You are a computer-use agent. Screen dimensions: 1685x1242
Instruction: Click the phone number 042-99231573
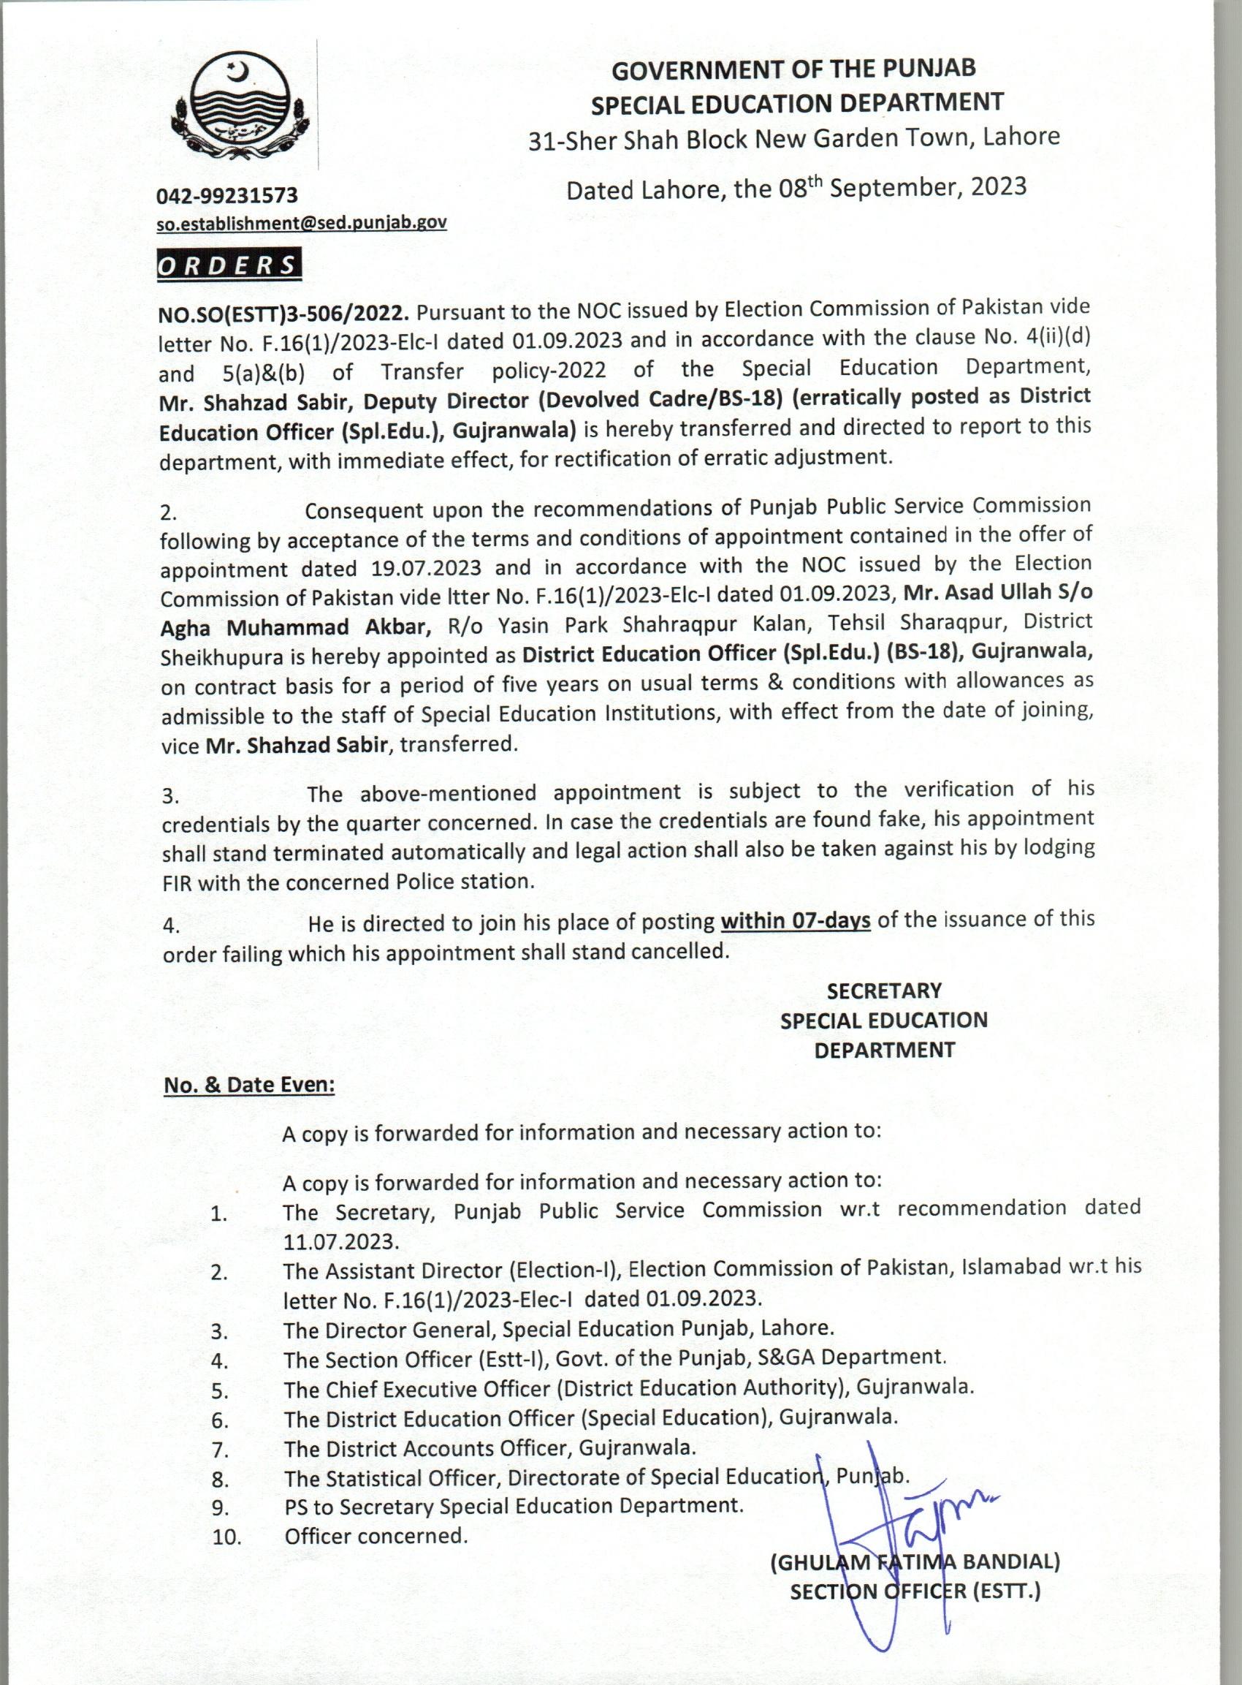(227, 197)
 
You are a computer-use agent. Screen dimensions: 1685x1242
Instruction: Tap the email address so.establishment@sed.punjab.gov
(302, 224)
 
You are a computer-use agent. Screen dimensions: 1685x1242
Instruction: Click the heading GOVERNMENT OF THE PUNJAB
(794, 69)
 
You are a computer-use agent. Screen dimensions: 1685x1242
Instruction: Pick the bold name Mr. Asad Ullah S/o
(998, 592)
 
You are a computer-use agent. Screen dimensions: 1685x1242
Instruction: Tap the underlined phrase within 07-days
(796, 921)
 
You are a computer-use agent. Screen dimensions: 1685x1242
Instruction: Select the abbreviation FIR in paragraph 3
(177, 882)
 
